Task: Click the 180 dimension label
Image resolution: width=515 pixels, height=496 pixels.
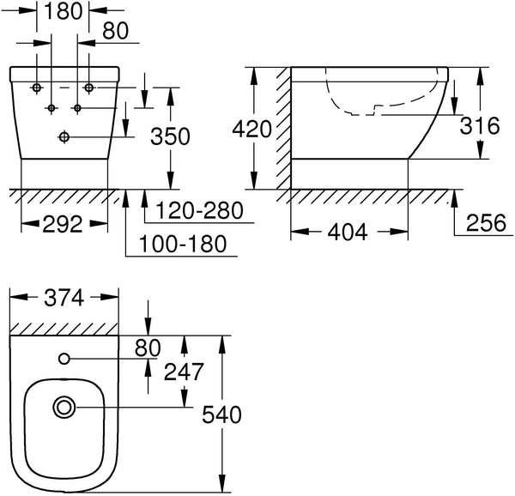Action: [x=64, y=11]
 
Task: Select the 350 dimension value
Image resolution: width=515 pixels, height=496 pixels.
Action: [x=170, y=136]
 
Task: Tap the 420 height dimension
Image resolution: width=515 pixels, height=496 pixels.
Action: [x=251, y=129]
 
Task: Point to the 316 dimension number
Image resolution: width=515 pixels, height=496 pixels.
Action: [x=480, y=125]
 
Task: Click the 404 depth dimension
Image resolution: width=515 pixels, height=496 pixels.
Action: [x=348, y=232]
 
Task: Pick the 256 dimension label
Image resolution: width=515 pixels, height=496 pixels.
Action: [x=486, y=222]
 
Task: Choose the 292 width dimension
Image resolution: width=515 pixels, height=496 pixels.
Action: [x=63, y=224]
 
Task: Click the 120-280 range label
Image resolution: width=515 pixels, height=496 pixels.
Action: [x=199, y=210]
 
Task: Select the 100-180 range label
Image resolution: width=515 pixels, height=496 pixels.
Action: [x=183, y=244]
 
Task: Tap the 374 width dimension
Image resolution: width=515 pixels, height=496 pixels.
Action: [x=64, y=298]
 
